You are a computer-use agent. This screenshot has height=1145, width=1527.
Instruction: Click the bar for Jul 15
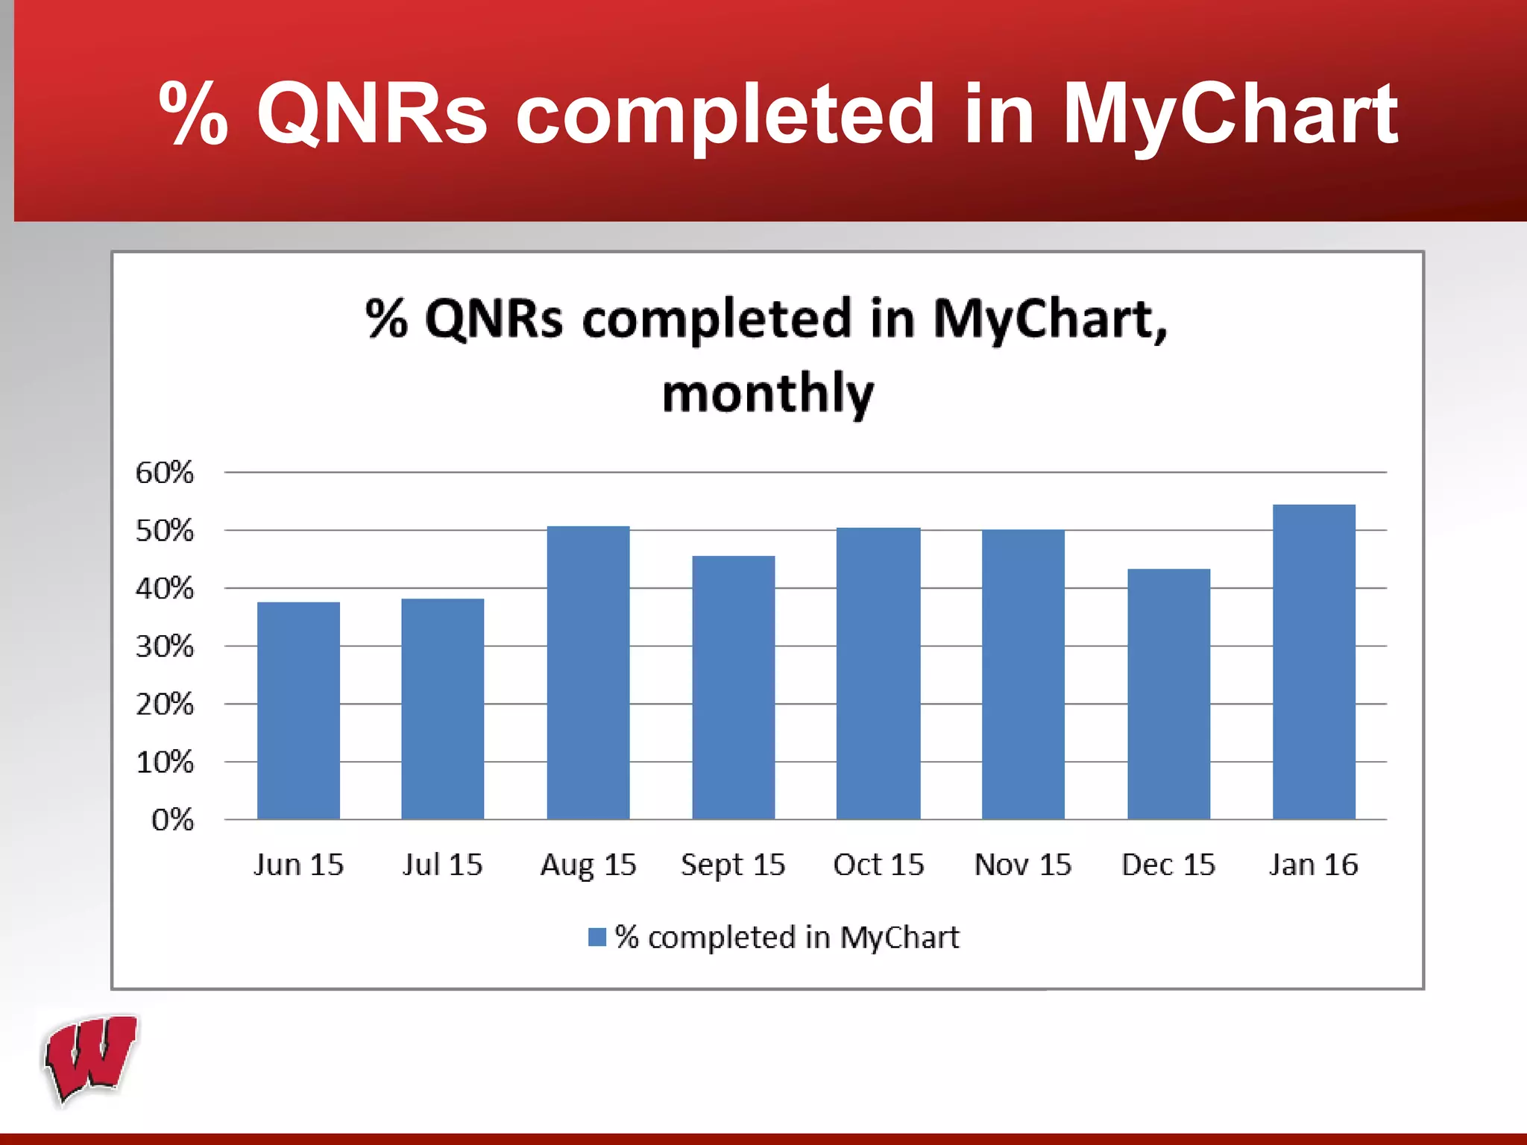pyautogui.click(x=442, y=709)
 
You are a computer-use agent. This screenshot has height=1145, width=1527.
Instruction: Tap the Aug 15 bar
pyautogui.click(x=588, y=672)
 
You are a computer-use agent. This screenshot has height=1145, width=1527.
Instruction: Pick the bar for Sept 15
pyautogui.click(x=733, y=687)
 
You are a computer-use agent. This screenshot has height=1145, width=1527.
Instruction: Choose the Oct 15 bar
pyautogui.click(x=878, y=673)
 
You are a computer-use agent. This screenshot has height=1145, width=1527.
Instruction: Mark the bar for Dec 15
pyautogui.click(x=1168, y=694)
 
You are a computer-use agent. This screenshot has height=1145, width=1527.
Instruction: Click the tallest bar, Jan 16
pyautogui.click(x=1314, y=662)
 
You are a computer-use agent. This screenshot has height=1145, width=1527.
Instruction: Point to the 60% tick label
pyautogui.click(x=164, y=473)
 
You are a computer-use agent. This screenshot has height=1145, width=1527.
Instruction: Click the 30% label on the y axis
pyautogui.click(x=164, y=646)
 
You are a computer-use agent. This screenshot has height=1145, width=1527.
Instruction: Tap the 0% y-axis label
pyautogui.click(x=172, y=820)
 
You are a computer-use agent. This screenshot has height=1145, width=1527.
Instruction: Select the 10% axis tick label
pyautogui.click(x=164, y=763)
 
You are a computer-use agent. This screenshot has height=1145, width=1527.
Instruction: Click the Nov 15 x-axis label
pyautogui.click(x=1022, y=865)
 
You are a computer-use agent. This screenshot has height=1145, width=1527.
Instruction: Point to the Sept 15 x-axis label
pyautogui.click(x=733, y=865)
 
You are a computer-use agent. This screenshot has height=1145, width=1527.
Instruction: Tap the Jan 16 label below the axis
pyautogui.click(x=1313, y=865)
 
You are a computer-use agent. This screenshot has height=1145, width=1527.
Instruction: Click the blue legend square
pyautogui.click(x=597, y=937)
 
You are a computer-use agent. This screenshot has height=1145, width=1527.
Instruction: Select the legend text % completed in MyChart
pyautogui.click(x=787, y=937)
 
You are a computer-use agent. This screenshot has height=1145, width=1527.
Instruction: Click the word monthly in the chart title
pyautogui.click(x=768, y=393)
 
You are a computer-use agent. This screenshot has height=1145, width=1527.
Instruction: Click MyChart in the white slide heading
pyautogui.click(x=1229, y=114)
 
